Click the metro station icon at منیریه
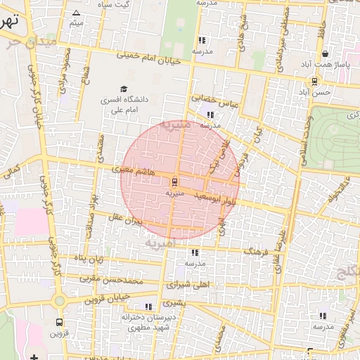click(x=174, y=182)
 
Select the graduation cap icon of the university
click(x=124, y=89)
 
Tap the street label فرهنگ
click(x=254, y=250)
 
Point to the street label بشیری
click(x=175, y=304)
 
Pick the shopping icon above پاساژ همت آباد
click(x=324, y=53)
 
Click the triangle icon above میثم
click(x=77, y=13)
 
